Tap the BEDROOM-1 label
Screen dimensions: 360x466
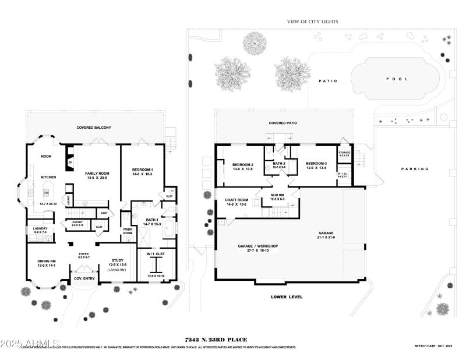point(143,170)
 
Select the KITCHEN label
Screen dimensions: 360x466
point(48,177)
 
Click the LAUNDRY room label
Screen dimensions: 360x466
point(40,229)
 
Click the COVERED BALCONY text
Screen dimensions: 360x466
point(94,128)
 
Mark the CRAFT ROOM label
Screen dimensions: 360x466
point(237,200)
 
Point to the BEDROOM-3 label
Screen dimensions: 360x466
point(317,164)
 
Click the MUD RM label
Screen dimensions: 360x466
point(277,195)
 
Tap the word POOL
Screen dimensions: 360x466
point(397,79)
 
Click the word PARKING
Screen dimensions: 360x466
point(415,169)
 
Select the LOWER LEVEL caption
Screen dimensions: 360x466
point(287,297)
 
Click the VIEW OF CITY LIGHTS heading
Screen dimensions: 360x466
point(312,22)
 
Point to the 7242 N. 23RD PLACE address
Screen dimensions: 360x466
point(216,340)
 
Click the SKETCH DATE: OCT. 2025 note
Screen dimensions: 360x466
point(433,345)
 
